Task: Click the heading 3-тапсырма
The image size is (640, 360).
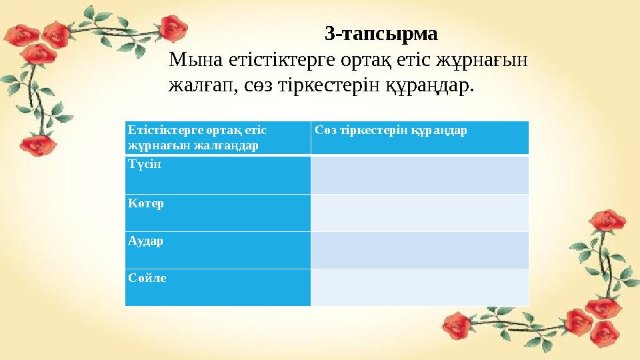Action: (381, 33)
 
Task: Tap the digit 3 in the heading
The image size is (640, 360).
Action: (329, 33)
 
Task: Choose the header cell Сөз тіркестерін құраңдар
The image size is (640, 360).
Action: (391, 130)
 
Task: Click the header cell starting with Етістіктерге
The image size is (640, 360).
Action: (197, 130)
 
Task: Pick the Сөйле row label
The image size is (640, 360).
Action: (147, 277)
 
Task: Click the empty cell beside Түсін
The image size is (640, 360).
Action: (419, 175)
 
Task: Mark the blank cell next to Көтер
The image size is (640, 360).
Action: (419, 213)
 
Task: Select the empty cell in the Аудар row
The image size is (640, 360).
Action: (419, 250)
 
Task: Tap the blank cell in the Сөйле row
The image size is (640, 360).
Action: (419, 287)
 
